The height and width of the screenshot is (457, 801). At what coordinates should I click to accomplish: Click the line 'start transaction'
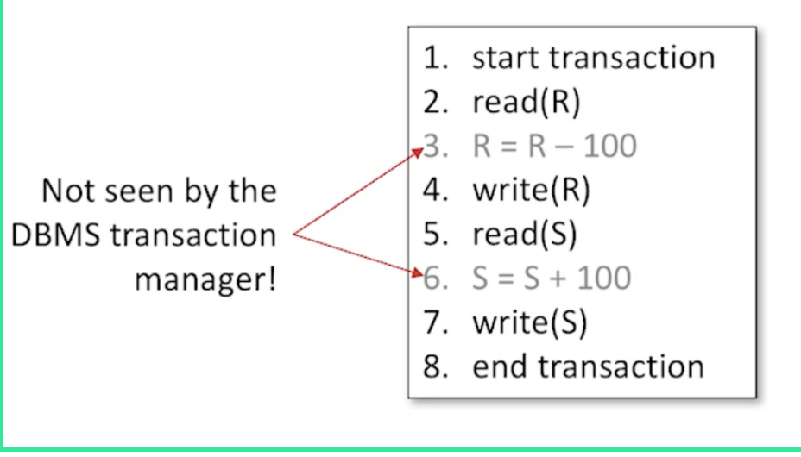pyautogui.click(x=593, y=58)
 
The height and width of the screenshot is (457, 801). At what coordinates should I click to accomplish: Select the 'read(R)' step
pyautogui.click(x=526, y=102)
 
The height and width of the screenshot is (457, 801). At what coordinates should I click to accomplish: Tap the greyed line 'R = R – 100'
pyautogui.click(x=553, y=146)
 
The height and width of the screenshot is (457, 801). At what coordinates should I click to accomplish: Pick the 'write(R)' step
pyautogui.click(x=530, y=190)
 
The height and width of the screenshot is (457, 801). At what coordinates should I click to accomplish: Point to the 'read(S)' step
pyautogui.click(x=524, y=234)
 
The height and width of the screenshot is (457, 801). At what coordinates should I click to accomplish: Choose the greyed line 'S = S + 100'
pyautogui.click(x=551, y=278)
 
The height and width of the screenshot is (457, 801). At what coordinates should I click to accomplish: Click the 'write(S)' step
pyautogui.click(x=528, y=322)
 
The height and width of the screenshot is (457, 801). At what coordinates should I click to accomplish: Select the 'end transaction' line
pyautogui.click(x=587, y=366)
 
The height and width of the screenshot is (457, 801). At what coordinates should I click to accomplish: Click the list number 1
pyautogui.click(x=432, y=58)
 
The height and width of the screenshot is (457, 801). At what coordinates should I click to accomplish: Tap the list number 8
pyautogui.click(x=432, y=366)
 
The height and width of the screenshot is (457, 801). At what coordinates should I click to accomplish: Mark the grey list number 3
pyautogui.click(x=432, y=146)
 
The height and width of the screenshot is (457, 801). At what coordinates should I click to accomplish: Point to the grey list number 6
pyautogui.click(x=432, y=278)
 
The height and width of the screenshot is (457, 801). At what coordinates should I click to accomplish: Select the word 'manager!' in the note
pyautogui.click(x=205, y=280)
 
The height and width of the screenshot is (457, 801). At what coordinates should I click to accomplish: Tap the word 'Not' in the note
pyautogui.click(x=66, y=191)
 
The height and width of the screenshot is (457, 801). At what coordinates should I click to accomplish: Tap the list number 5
pyautogui.click(x=432, y=234)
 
